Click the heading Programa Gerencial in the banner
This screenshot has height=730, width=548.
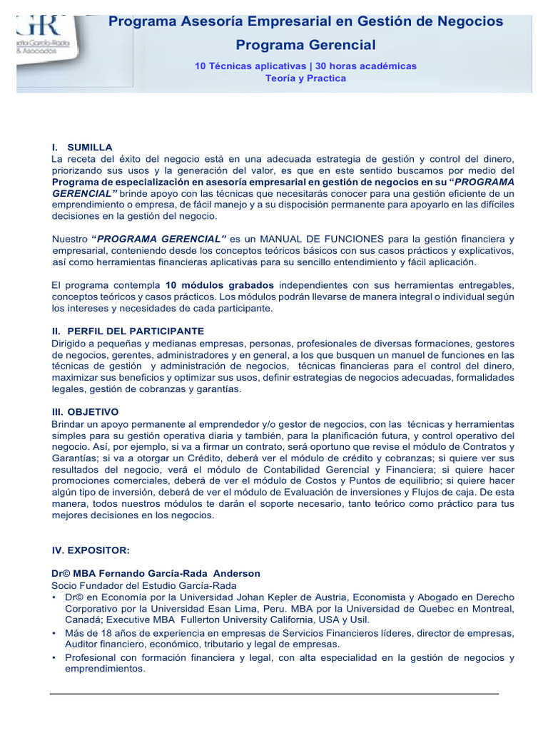[305, 46]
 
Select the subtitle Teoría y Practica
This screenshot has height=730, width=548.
[305, 78]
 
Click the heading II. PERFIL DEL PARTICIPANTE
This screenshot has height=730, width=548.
[128, 331]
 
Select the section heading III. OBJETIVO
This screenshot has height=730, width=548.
[86, 412]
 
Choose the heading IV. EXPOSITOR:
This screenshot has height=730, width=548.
[90, 550]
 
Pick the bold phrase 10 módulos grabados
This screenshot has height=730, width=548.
[219, 285]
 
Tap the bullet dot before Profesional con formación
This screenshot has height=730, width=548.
[54, 658]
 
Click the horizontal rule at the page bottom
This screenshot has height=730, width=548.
[274, 694]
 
